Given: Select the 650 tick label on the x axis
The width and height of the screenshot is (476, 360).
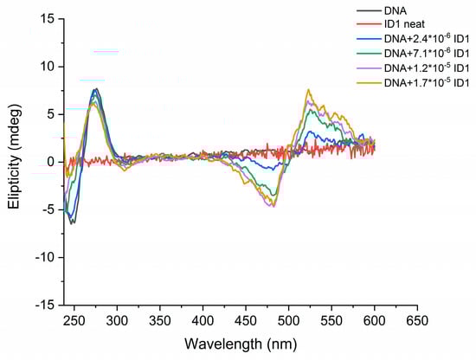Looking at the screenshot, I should (417, 320).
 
